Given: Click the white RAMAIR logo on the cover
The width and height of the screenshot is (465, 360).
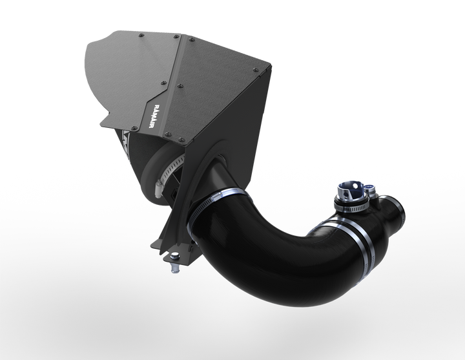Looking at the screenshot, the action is click(x=154, y=116).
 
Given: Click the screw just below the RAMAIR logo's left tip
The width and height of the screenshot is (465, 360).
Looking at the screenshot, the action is click(x=167, y=134).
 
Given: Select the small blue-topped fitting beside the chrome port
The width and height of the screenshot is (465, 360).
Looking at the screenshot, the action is click(x=370, y=189).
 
